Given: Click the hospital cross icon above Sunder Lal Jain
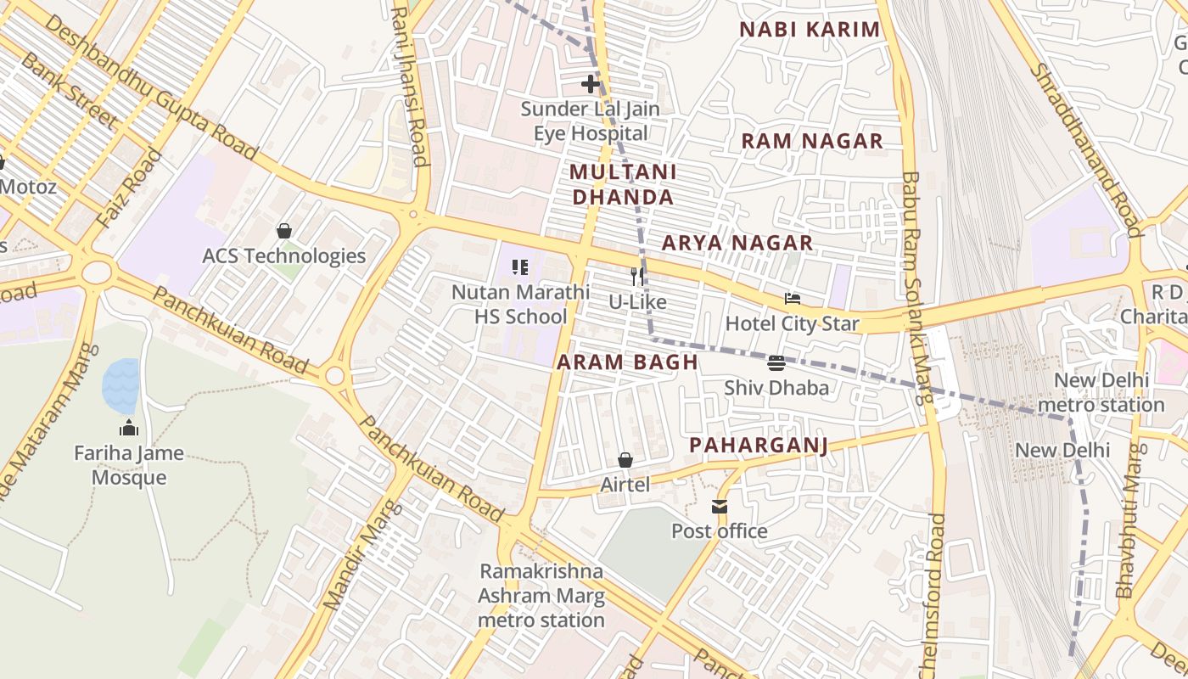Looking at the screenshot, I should click(590, 84).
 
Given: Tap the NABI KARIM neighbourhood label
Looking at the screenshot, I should click(810, 30).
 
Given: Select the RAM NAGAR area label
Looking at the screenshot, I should click(812, 141).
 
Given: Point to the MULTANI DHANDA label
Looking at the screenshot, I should click(623, 184).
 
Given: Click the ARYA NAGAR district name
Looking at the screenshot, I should click(737, 244).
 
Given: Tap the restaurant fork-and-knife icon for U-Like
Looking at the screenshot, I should click(637, 276).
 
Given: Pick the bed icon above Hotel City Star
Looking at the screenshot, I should click(793, 299).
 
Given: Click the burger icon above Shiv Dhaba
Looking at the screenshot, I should click(776, 363).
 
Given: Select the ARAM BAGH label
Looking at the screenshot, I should click(627, 362).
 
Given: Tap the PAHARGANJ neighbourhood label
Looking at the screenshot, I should click(757, 446).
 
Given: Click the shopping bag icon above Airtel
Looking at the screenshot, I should click(625, 460).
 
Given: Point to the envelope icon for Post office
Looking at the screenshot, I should click(719, 507).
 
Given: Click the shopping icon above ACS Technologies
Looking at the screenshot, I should click(283, 231).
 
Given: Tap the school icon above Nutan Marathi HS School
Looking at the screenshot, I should click(520, 267).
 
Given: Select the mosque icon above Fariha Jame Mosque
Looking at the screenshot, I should click(128, 427).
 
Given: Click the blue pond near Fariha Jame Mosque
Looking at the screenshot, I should click(120, 385).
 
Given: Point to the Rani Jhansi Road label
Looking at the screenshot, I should click(409, 85).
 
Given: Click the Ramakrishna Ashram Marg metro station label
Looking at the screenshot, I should click(541, 596).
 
